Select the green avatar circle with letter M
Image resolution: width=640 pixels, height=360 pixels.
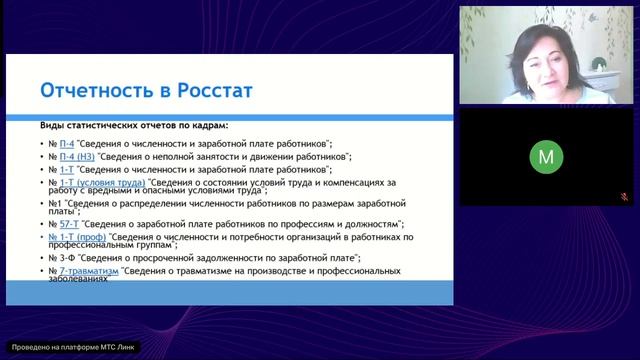[x=545, y=157]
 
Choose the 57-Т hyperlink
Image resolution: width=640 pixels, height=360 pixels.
[x=70, y=223]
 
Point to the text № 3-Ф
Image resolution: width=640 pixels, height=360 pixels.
[x=65, y=257]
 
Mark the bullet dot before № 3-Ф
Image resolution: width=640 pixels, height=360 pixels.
[x=41, y=257]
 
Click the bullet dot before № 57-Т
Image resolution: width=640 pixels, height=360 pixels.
[x=41, y=223]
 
